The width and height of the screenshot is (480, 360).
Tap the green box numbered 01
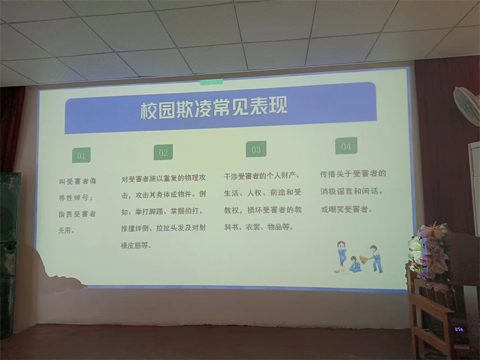pyautogui.click(x=81, y=155)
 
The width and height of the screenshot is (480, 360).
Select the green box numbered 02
pyautogui.click(x=163, y=152)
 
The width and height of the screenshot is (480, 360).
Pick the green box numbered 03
pyautogui.click(x=256, y=149)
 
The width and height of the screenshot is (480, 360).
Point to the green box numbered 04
pyautogui.click(x=346, y=146)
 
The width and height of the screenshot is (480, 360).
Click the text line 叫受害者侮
pyautogui.click(x=78, y=181)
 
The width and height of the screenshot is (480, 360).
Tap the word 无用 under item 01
pyautogui.click(x=66, y=230)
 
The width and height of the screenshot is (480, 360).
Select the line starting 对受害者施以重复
pyautogui.click(x=163, y=178)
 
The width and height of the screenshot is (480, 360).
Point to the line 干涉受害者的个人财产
pyautogui.click(x=262, y=176)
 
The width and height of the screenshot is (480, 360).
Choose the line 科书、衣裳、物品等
pyautogui.click(x=259, y=227)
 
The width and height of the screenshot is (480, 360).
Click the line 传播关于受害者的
pyautogui.click(x=353, y=173)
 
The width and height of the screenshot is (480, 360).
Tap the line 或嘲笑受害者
pyautogui.click(x=347, y=209)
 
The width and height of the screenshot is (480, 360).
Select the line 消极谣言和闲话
pyautogui.click(x=352, y=191)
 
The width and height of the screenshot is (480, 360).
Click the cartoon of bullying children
pyautogui.click(x=359, y=258)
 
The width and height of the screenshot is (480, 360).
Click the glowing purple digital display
pyautogui.click(x=458, y=329)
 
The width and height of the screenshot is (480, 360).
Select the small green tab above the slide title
pyautogui.click(x=211, y=81)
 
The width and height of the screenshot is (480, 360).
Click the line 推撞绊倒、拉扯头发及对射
pyautogui.click(x=163, y=228)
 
